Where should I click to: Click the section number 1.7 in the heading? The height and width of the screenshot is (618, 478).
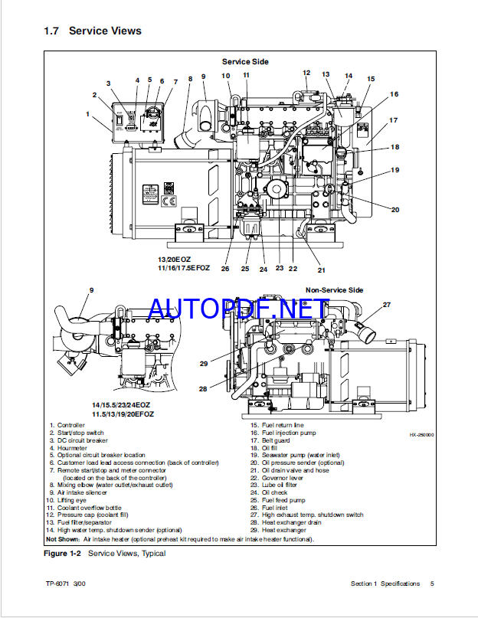pos(51,31)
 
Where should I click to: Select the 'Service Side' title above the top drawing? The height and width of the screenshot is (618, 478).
pos(245,61)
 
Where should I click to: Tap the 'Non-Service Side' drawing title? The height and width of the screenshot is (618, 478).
pos(335,290)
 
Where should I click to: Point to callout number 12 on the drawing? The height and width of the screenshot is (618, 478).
pos(306,74)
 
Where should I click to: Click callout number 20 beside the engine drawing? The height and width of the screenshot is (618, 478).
pos(395,209)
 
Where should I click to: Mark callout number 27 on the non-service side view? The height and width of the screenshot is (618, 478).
pos(386,305)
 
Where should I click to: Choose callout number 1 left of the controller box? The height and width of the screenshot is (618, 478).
pos(88,114)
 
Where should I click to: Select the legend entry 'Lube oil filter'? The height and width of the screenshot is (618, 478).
pos(279,485)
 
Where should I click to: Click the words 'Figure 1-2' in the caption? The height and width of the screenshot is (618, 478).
pos(64,553)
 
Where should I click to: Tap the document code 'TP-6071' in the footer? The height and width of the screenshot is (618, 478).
pos(57,584)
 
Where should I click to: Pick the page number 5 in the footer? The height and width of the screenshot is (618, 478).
pos(432,584)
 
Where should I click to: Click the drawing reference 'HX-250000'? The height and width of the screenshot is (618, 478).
pos(421,434)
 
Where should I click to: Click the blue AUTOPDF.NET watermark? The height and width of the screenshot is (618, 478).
pos(237,309)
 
